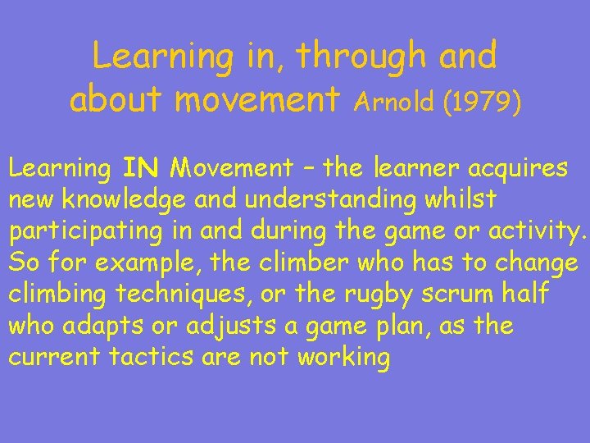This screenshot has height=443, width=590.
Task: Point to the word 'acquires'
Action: click(518, 168)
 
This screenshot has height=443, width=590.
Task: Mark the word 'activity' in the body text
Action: click(538, 232)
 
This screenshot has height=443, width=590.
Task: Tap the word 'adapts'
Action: click(110, 327)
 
